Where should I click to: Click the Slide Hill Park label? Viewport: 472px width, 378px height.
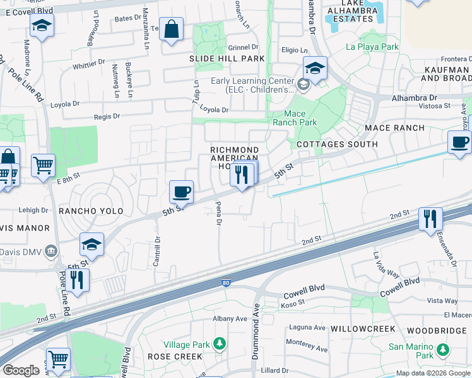coord(227,59)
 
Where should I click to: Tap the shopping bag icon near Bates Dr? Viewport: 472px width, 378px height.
coord(172,30)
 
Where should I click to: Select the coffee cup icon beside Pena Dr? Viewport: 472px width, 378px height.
coord(181,192)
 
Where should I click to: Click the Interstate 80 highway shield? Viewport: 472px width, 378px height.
coord(226,283)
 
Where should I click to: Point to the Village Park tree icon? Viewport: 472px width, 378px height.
coord(219,344)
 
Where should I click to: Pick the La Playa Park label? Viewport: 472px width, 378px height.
coord(372,47)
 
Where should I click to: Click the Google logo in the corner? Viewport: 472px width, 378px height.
coord(21,370)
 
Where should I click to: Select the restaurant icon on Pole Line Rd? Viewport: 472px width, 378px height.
coord(77,280)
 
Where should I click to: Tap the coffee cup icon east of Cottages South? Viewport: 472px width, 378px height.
coord(459,142)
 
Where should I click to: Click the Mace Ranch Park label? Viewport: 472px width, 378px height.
coord(290,118)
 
